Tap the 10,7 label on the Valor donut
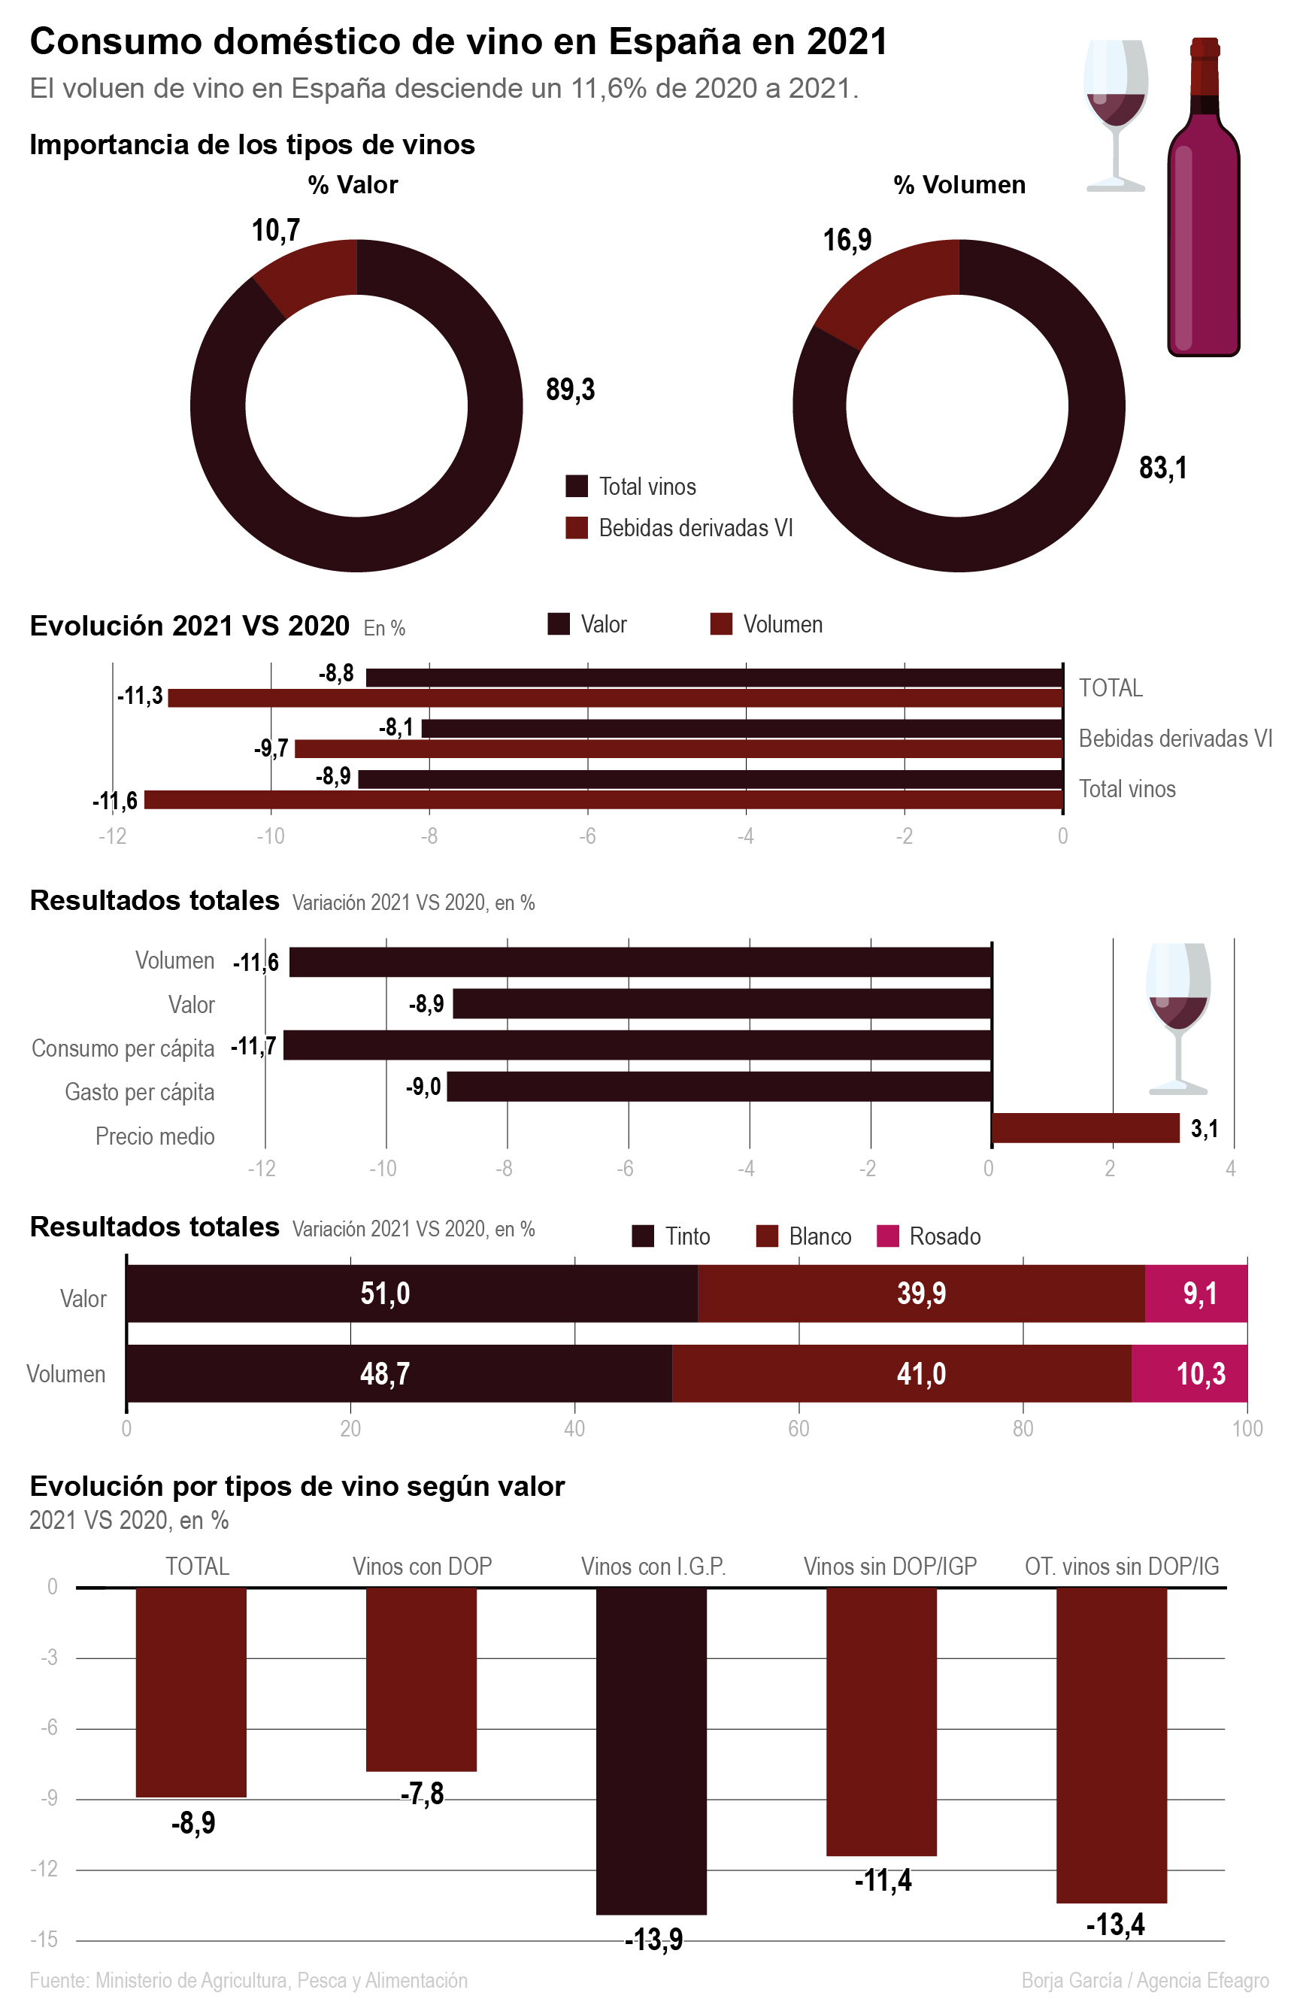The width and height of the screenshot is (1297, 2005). (x=275, y=230)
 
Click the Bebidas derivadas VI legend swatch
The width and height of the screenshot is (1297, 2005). (x=576, y=528)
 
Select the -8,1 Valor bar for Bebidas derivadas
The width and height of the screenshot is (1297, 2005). (x=741, y=729)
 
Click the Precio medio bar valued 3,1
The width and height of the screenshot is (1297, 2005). (x=1086, y=1128)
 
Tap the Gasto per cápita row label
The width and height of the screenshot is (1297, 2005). (x=140, y=1092)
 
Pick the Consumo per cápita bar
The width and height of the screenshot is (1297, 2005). (x=638, y=1045)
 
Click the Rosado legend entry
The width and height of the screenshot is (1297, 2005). (x=929, y=1236)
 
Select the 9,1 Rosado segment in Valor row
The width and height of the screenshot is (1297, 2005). (x=1196, y=1293)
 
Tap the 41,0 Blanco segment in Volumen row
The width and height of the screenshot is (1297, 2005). (x=902, y=1373)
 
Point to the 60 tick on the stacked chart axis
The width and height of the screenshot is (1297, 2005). (x=799, y=1428)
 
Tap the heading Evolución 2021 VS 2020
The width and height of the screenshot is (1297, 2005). (x=189, y=626)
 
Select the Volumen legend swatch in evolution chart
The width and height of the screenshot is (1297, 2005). (x=721, y=624)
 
